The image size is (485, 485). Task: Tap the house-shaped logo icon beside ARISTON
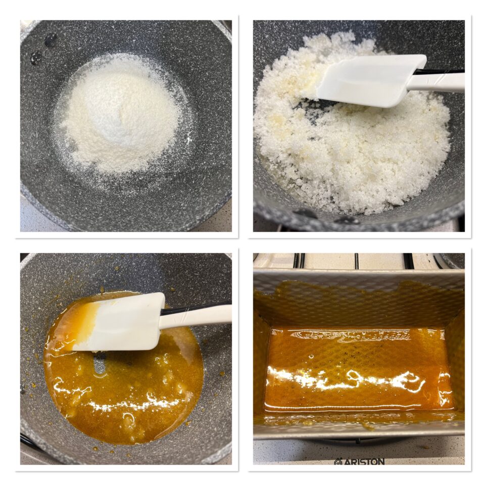337,461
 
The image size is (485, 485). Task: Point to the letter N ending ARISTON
380,461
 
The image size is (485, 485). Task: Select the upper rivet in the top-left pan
51,40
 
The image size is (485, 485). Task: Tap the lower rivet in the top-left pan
36,58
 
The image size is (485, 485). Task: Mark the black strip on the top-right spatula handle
439,72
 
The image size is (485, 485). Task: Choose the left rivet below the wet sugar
304,213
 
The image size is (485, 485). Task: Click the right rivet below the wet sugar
347,220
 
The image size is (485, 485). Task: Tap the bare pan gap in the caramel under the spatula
100,365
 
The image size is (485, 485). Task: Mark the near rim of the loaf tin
359,432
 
